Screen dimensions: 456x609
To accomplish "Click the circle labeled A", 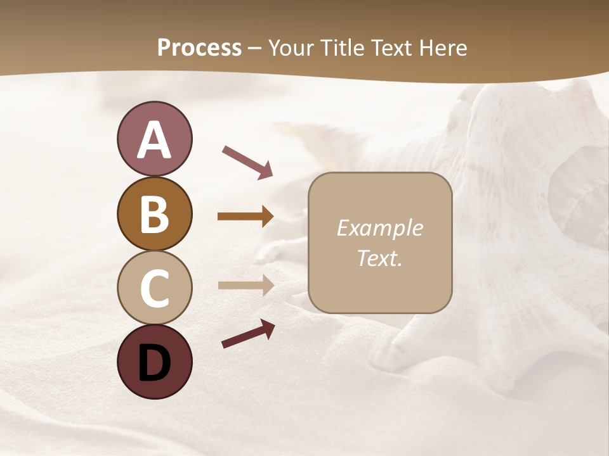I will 154,139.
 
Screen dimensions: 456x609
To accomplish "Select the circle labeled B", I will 154,213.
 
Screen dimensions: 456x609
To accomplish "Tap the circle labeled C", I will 154,288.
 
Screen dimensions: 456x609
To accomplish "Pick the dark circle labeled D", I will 154,362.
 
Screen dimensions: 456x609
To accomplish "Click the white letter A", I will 154,140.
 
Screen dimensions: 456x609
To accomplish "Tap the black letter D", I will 154,363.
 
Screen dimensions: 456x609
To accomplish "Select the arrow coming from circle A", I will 247,161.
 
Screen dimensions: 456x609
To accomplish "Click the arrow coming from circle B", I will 246,217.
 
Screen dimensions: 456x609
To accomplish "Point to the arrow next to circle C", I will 246,285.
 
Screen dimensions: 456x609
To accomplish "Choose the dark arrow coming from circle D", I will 247,333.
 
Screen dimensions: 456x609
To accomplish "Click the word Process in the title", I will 199,48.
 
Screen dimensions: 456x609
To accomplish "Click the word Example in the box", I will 379,228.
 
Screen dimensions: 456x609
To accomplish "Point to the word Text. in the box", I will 379,258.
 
